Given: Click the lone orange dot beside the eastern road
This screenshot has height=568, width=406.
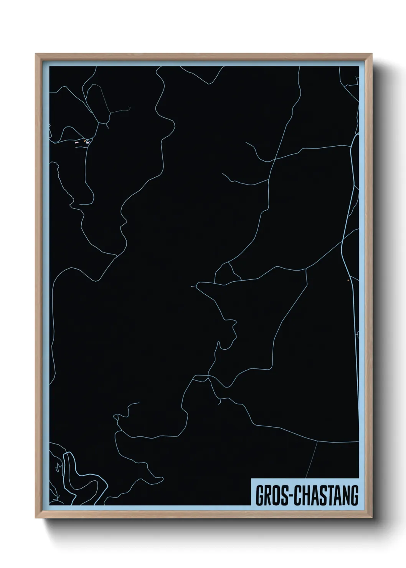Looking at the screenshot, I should coord(348,280).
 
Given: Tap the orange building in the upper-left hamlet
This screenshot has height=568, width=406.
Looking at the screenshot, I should coord(85,142).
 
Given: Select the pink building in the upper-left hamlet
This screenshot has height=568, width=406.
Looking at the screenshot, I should coord(77,142).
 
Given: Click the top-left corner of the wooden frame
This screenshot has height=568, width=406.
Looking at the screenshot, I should coord(36,54).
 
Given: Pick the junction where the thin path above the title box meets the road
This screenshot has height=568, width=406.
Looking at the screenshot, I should coord(317,441).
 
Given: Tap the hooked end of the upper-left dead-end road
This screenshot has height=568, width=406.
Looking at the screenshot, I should coord(129,108).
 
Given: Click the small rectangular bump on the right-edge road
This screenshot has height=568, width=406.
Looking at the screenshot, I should coord(358,335).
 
